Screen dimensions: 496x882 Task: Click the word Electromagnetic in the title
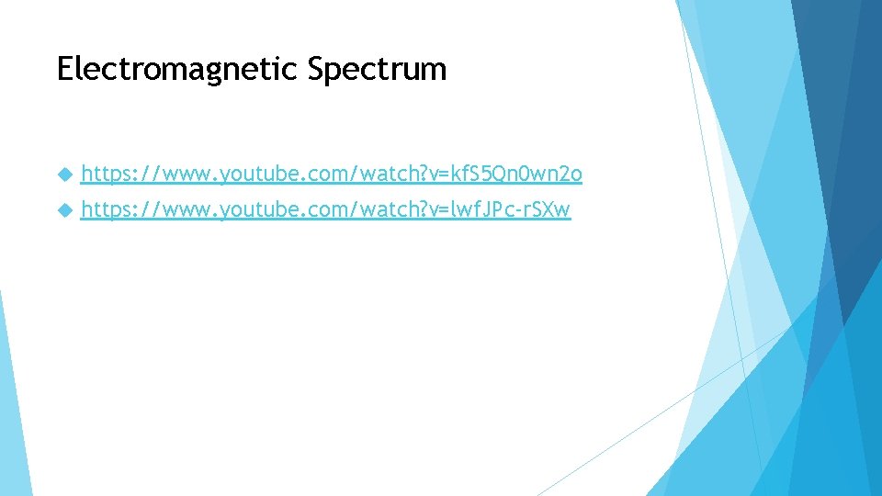pos(178,70)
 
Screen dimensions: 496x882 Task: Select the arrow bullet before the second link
pos(63,210)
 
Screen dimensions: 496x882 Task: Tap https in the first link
pos(102,173)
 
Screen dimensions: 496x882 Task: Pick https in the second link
pos(102,209)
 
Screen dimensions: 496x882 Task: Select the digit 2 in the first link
pos(565,173)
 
